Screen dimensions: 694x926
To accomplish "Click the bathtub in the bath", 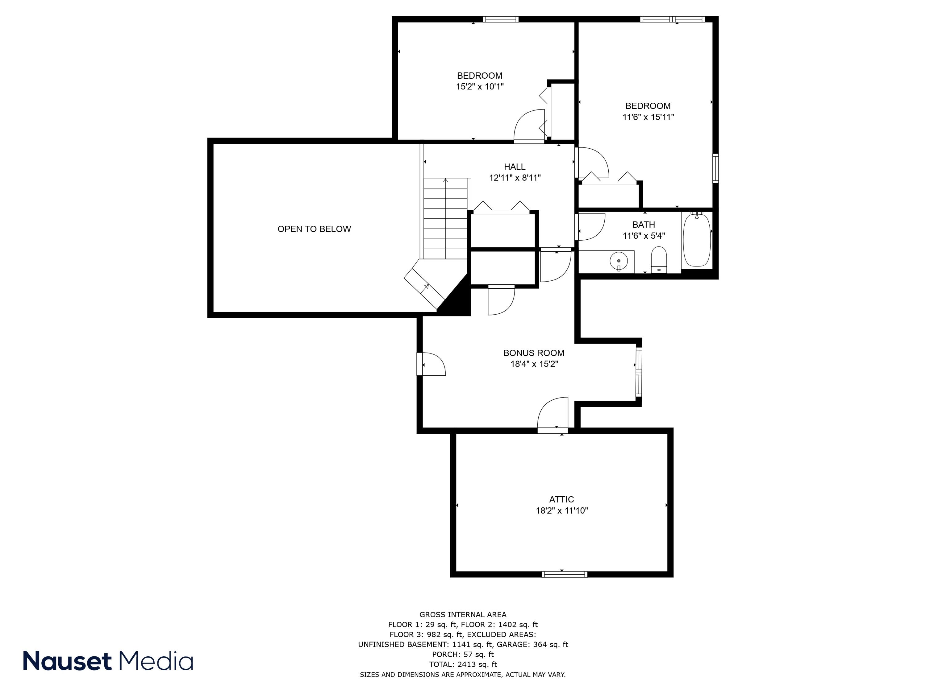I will tap(697, 241).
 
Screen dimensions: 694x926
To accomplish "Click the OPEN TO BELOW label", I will tap(314, 229).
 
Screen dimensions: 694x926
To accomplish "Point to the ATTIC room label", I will tap(561, 499).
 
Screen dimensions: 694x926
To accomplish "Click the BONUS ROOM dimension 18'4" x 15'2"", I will tap(534, 364).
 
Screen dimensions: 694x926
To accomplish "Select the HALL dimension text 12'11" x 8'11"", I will tap(515, 178).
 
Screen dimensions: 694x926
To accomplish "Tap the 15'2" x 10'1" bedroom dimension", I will tap(479, 87).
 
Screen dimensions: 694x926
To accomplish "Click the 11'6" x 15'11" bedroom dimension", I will tap(648, 117).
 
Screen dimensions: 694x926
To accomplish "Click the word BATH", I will tap(644, 225).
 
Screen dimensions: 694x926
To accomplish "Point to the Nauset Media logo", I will tap(108, 661).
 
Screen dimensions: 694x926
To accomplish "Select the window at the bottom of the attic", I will tap(564, 574).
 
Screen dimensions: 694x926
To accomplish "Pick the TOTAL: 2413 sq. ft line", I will tap(463, 664).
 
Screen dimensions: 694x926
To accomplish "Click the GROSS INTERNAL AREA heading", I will tap(463, 614).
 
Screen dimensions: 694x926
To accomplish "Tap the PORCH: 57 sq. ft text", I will tap(463, 654).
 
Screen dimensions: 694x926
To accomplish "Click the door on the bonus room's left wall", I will tap(431, 364).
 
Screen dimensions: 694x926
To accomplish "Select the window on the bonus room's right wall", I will tap(638, 371).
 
